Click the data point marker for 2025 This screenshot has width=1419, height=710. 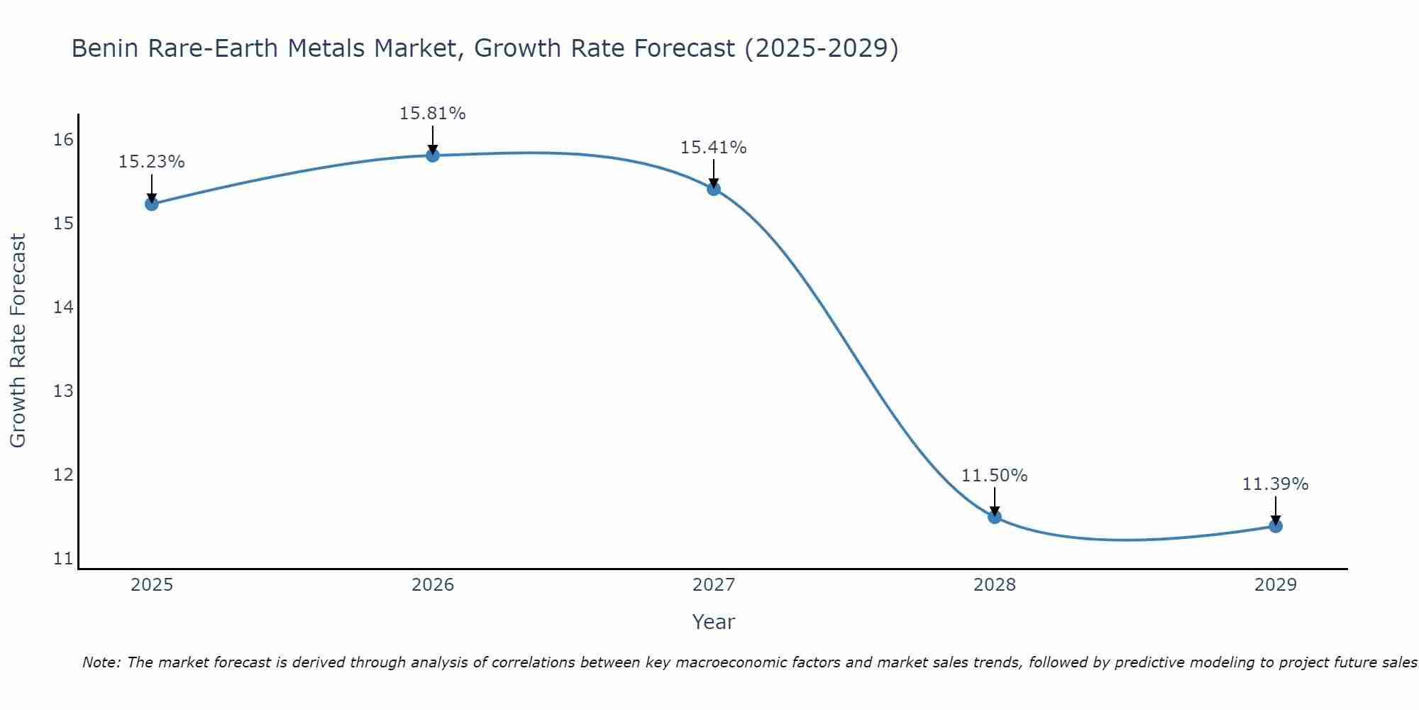coord(151,204)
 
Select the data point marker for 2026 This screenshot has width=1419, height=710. coord(433,155)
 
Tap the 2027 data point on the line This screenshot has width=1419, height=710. coord(714,188)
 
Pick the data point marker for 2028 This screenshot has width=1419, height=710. coord(995,516)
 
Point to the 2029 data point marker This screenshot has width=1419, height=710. coord(1276,525)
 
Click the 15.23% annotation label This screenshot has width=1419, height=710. coord(151,162)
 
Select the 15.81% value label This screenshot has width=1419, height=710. coord(432,114)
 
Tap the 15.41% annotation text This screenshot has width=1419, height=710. coord(713,148)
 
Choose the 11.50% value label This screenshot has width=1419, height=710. coord(994,476)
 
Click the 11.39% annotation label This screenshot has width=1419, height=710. coord(1275,484)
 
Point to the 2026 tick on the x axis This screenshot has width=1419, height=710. coord(433,585)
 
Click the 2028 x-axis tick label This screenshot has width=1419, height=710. coord(995,585)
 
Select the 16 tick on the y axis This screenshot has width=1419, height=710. coord(63,140)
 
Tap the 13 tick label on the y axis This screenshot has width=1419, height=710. coord(63,391)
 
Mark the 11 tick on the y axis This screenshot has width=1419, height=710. coord(63,559)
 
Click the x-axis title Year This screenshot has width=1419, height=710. coord(713,622)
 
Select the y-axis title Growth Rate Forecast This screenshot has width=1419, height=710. coord(18,341)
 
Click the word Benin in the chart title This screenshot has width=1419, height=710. coord(102,48)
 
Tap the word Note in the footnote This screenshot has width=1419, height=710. coord(101,662)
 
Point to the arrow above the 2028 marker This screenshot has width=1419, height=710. coord(995,500)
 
